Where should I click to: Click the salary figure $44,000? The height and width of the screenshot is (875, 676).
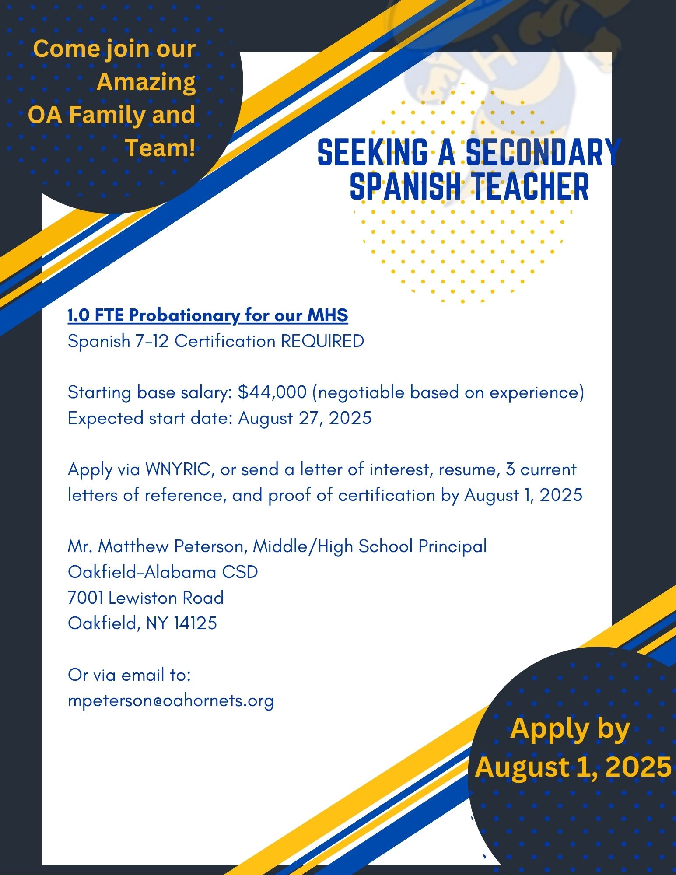[272, 392]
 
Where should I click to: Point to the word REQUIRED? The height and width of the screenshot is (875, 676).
[322, 341]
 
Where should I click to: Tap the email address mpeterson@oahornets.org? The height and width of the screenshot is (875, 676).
[171, 700]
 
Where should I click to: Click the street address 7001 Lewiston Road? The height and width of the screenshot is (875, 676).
[146, 598]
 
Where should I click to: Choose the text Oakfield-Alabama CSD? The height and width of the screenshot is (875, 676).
[163, 572]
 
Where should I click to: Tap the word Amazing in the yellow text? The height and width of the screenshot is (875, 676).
[146, 82]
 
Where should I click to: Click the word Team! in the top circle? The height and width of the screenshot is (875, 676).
[160, 148]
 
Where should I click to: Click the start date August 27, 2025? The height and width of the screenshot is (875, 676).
[305, 418]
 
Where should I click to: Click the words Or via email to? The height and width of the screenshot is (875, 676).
[130, 675]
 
